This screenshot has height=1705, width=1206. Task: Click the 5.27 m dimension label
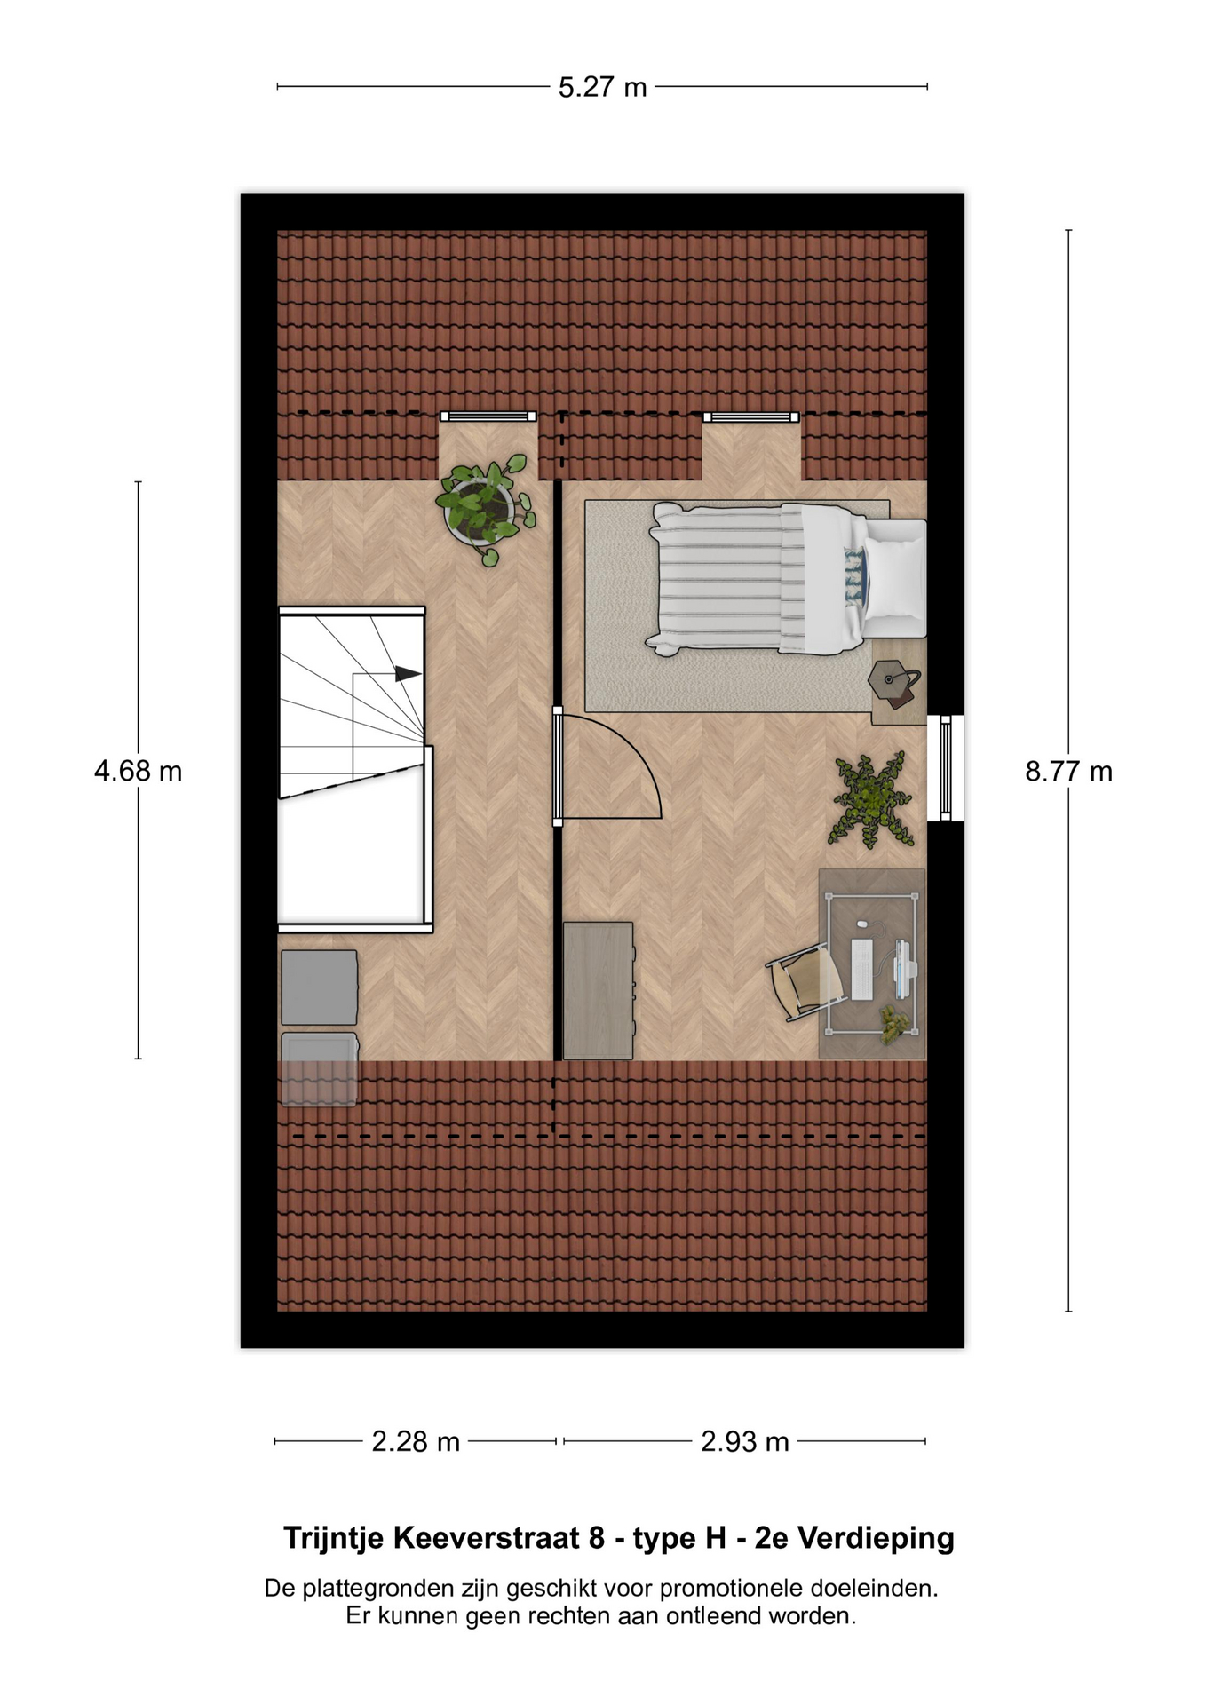click(602, 87)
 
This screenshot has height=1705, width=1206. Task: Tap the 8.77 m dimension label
click(1068, 771)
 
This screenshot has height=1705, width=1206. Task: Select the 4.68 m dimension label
click(138, 771)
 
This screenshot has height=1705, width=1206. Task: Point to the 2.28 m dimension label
click(416, 1440)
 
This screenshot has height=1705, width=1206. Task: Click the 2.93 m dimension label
click(744, 1440)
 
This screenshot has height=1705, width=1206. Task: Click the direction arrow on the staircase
click(408, 674)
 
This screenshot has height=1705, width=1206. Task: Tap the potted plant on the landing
click(485, 508)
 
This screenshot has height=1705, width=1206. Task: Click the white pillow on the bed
click(895, 579)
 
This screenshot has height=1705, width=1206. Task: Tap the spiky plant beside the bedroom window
click(871, 799)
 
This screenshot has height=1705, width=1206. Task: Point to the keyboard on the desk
click(861, 967)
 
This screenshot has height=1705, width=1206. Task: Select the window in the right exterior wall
click(946, 768)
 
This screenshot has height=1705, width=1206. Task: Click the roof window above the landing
click(488, 416)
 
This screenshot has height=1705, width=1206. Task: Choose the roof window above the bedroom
click(751, 416)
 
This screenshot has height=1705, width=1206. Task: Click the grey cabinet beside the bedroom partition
click(599, 990)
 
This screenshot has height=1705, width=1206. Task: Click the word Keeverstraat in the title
click(487, 1537)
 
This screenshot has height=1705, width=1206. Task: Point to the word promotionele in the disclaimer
click(733, 1588)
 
